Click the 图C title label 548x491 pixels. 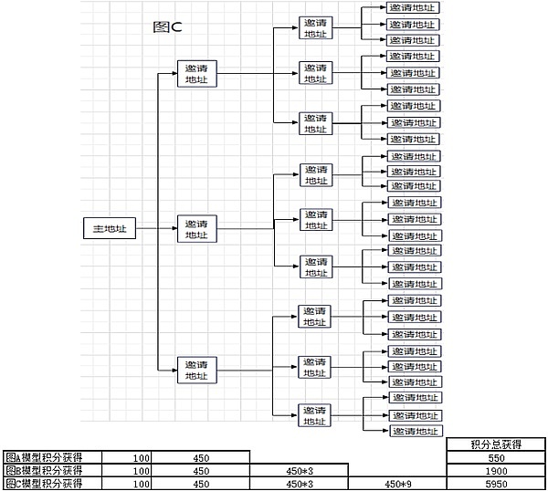point(167,26)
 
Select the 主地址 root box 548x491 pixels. point(111,228)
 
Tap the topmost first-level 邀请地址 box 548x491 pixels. point(196,74)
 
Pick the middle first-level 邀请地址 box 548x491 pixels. point(196,228)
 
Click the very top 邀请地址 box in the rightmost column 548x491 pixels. point(412,7)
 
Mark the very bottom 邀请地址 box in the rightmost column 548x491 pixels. point(415,430)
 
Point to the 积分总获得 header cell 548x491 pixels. point(496,444)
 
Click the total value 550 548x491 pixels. point(496,457)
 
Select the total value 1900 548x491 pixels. point(496,470)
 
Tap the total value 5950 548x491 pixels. point(496,484)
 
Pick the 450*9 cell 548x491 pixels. point(399,484)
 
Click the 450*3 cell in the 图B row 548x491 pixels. point(300,470)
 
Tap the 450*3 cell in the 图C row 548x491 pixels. point(300,484)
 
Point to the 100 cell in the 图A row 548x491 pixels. point(141,457)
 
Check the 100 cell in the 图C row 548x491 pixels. point(141,484)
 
